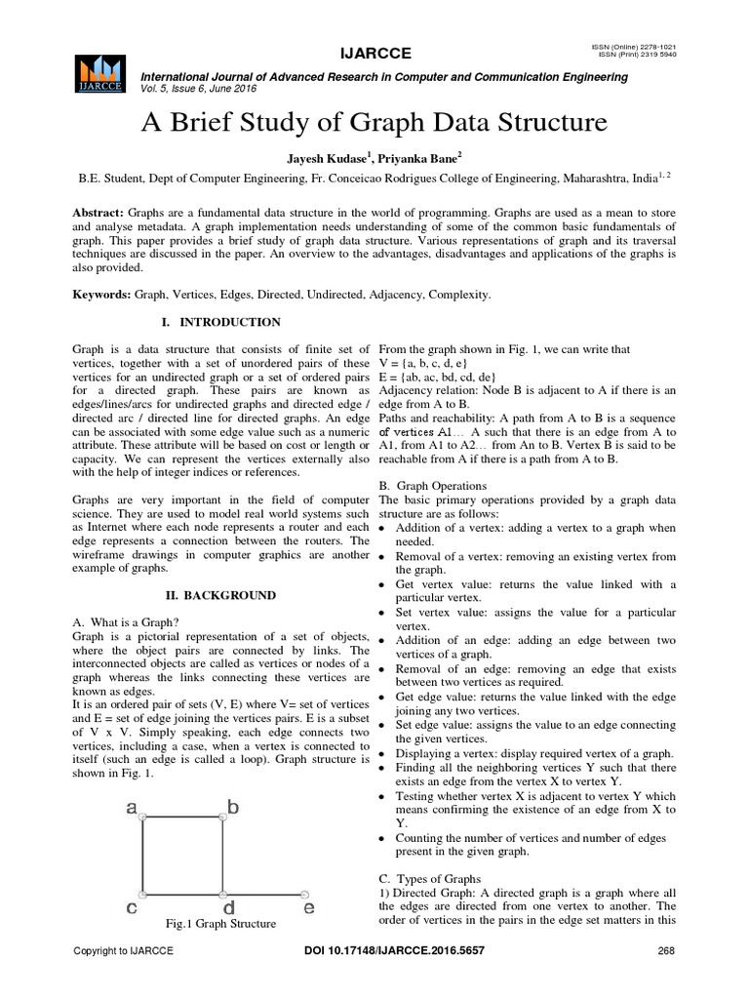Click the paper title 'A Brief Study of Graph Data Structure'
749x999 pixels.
click(374, 124)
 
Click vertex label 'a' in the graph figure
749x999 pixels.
click(130, 809)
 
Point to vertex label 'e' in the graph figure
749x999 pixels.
click(308, 909)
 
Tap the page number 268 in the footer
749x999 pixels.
click(666, 950)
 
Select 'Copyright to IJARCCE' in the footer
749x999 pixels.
click(124, 950)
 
